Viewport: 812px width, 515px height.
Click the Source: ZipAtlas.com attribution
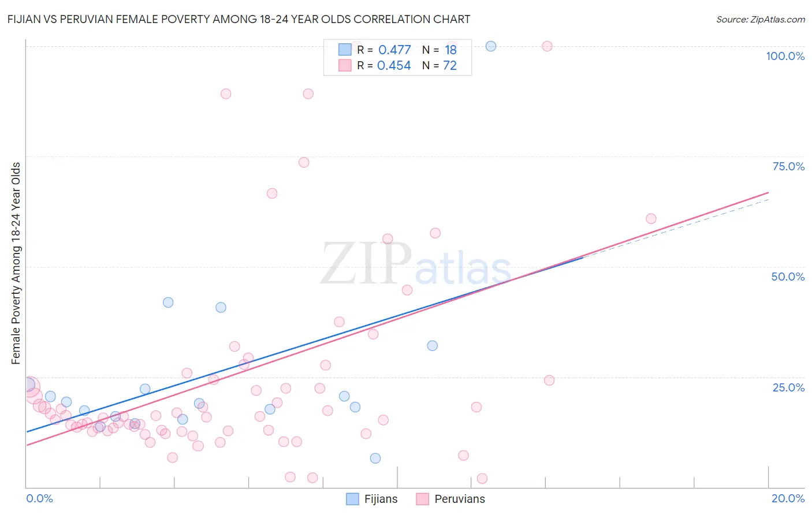760,19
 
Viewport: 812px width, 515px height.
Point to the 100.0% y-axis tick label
785,56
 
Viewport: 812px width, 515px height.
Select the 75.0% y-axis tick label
788,166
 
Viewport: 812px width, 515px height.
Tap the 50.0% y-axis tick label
788,277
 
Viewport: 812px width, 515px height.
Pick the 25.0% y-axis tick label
788,387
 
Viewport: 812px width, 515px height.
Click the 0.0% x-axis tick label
39,498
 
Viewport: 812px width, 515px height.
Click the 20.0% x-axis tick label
788,498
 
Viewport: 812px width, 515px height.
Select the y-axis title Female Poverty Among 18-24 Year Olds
16,263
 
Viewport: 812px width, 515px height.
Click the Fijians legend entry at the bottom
372,499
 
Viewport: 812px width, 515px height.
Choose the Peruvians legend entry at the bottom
450,499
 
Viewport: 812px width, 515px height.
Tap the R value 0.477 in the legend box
394,50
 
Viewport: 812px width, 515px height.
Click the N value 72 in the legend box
449,66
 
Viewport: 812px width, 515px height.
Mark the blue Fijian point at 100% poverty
491,46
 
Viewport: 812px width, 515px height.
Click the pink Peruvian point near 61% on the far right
651,218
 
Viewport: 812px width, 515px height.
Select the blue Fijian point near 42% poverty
168,302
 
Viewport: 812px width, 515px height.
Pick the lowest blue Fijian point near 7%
375,458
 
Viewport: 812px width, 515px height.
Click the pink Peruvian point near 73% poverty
304,162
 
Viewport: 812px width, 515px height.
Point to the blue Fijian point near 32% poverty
432,346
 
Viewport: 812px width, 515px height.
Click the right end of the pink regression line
768,192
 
